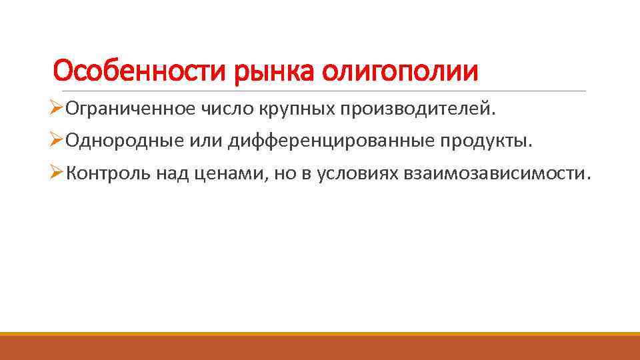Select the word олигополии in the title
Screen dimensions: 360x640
tap(401, 70)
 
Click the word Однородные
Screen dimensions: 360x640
tap(110, 142)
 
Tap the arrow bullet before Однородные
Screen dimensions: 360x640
tap(58, 141)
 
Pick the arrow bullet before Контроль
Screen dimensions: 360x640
tap(58, 174)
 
